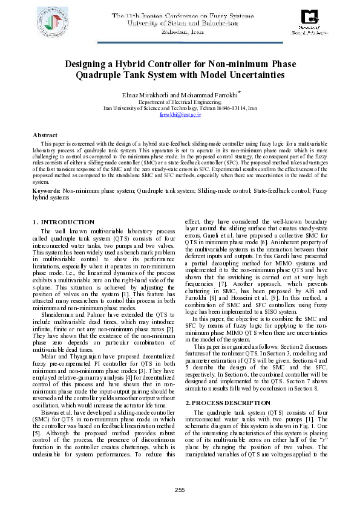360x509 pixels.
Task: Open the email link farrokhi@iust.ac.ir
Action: pyautogui.click(x=180, y=114)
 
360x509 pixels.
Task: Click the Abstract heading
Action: pyautogui.click(x=45, y=134)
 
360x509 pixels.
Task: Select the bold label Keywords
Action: pyautogui.click(x=45, y=190)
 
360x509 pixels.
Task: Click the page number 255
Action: pyautogui.click(x=180, y=489)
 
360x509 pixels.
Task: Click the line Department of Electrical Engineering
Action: pyautogui.click(x=180, y=102)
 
